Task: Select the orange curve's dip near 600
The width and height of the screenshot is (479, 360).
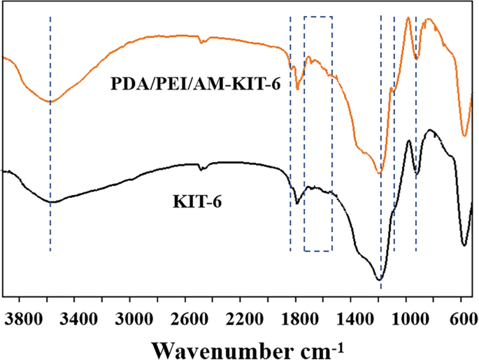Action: coord(464,136)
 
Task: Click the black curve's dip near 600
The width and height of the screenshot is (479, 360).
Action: coord(464,245)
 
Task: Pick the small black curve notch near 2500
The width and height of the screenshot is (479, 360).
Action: coord(201,168)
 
